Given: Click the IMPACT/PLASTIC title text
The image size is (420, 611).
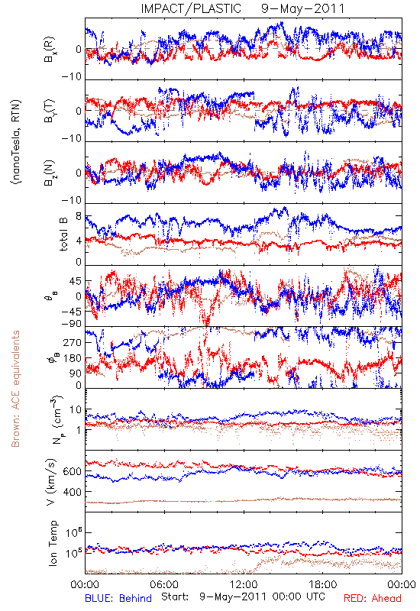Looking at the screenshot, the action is point(191,8).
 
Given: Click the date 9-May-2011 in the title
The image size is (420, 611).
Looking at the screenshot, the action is point(302,8).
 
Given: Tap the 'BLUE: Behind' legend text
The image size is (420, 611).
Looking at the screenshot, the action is point(118,598).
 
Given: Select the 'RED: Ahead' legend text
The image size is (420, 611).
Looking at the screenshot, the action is point(373,598).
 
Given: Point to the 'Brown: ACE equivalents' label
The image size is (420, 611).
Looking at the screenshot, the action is point(15,389).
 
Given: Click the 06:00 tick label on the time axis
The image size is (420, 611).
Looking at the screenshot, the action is point(164,584).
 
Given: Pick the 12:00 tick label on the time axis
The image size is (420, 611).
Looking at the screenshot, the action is point(244,584).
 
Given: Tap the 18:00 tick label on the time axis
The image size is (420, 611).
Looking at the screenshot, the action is point(323,584).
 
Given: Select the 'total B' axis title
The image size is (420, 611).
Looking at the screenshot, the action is point(63,234).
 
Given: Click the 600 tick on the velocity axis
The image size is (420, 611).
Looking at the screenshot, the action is point(72,471).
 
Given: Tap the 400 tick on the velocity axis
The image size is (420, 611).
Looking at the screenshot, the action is point(72,492).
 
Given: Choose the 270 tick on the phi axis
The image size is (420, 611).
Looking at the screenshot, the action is point(73,342).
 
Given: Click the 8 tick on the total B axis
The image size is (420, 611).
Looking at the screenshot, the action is point(79,216).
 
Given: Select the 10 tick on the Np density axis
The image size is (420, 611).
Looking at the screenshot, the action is point(76,410).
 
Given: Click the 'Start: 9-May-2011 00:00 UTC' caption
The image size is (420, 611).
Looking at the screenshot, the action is point(243,596).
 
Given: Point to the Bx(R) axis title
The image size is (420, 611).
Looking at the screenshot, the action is point(50,50).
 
